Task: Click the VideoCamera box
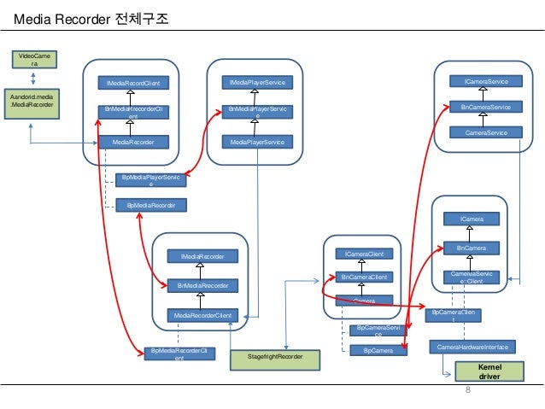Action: (x=32, y=59)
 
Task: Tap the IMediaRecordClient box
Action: (x=132, y=83)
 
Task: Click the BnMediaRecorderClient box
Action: (x=132, y=113)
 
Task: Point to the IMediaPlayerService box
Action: (x=256, y=82)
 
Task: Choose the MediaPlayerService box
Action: (x=256, y=142)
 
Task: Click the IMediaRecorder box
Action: (x=202, y=255)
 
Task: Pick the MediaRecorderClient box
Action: (x=203, y=316)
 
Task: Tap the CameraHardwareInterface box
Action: (x=472, y=347)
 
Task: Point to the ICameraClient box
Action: (x=364, y=254)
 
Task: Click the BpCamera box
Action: (x=378, y=350)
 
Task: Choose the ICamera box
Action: (x=472, y=219)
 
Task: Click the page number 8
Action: (x=467, y=390)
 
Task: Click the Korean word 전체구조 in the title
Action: (x=141, y=17)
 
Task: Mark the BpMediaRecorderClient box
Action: (x=179, y=354)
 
